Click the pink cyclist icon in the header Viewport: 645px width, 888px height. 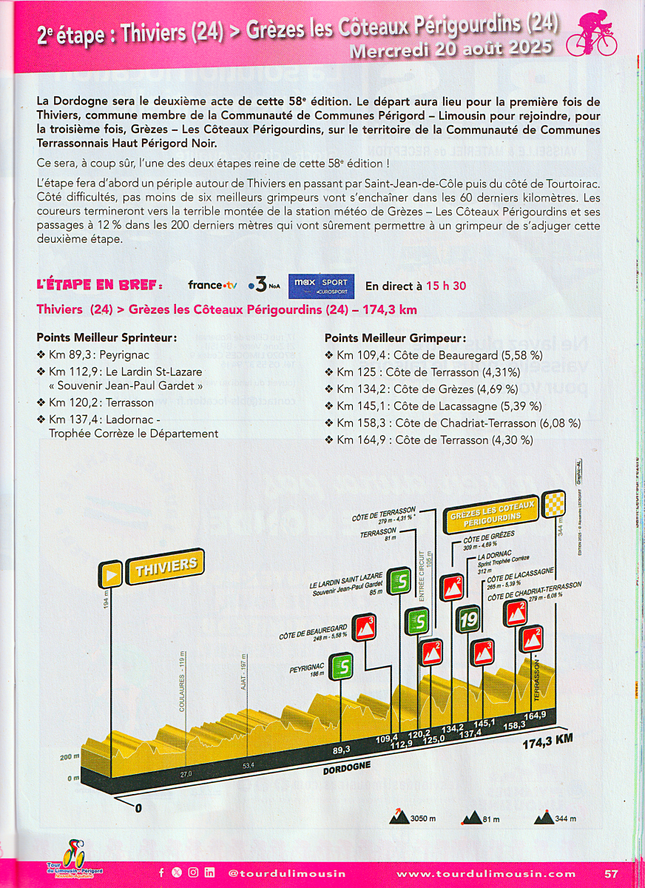(x=591, y=33)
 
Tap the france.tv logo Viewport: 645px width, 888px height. (x=212, y=285)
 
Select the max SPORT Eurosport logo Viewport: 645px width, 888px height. (x=321, y=286)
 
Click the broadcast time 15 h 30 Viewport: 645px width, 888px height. (x=446, y=286)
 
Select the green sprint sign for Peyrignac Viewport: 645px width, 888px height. (x=342, y=666)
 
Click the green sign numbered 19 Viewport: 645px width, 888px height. (x=468, y=619)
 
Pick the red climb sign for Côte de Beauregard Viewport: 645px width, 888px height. (x=364, y=628)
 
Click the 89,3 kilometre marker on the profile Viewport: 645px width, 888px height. (x=341, y=750)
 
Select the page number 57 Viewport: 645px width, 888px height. (x=611, y=873)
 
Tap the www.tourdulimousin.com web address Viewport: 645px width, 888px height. (x=486, y=873)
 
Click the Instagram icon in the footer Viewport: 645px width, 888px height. (x=193, y=872)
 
